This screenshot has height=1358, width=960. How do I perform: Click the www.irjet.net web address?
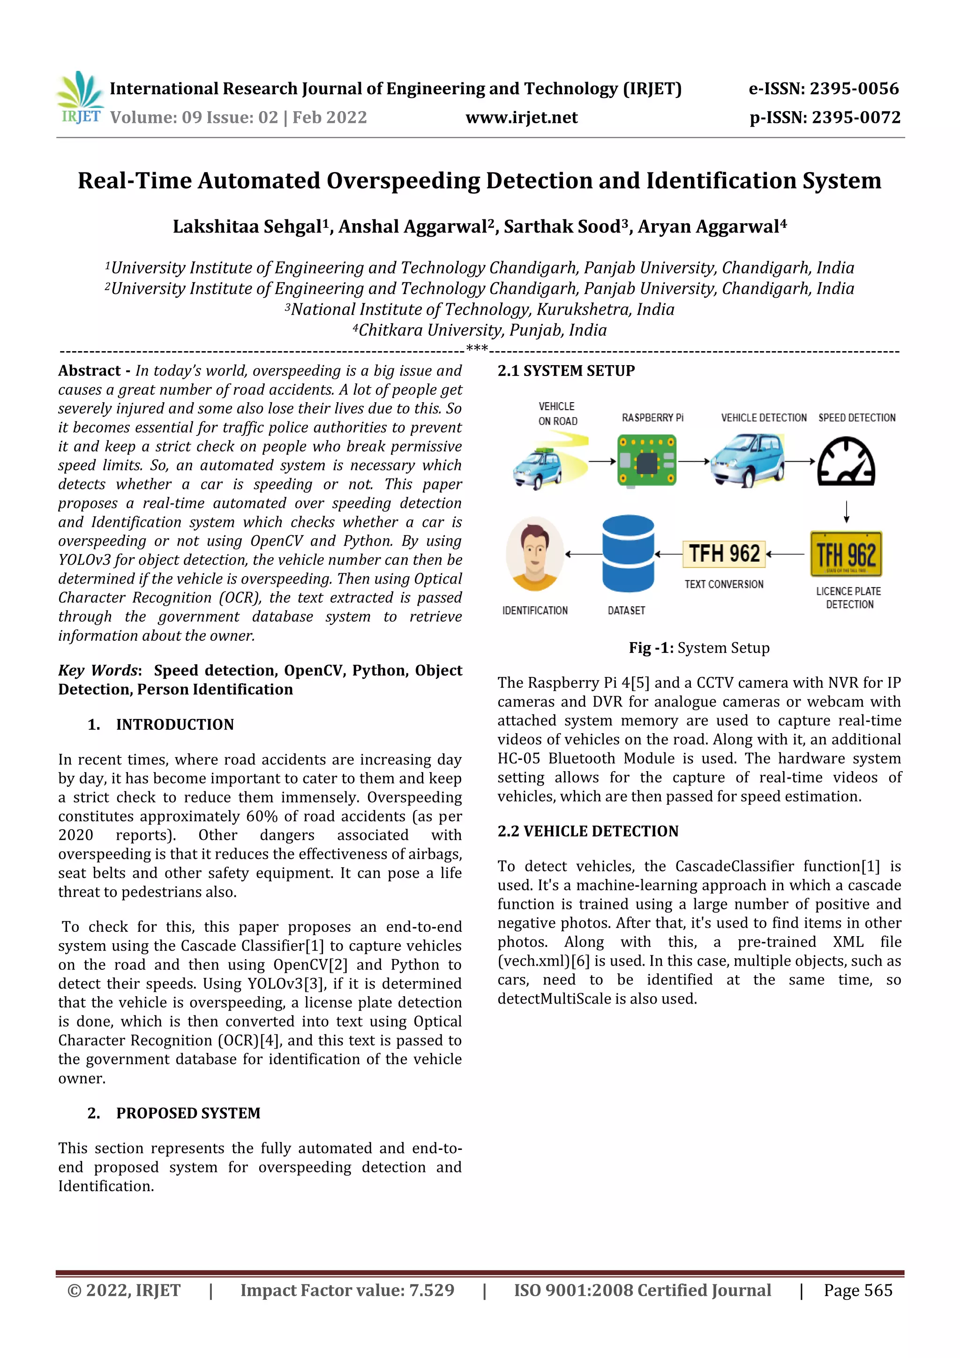pyautogui.click(x=521, y=118)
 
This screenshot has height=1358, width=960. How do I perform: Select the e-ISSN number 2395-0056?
pyautogui.click(x=854, y=89)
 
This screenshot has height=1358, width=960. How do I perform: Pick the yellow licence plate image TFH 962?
pyautogui.click(x=846, y=554)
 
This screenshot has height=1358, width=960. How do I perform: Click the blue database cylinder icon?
pyautogui.click(x=628, y=554)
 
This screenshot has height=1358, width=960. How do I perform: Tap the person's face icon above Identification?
pyautogui.click(x=535, y=554)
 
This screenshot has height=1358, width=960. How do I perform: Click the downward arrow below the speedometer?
pyautogui.click(x=847, y=511)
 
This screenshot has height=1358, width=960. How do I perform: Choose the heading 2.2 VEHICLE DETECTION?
pyautogui.click(x=587, y=831)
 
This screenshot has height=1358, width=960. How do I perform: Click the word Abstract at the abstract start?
pyautogui.click(x=90, y=371)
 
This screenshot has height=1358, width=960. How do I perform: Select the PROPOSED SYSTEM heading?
pyautogui.click(x=187, y=1113)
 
